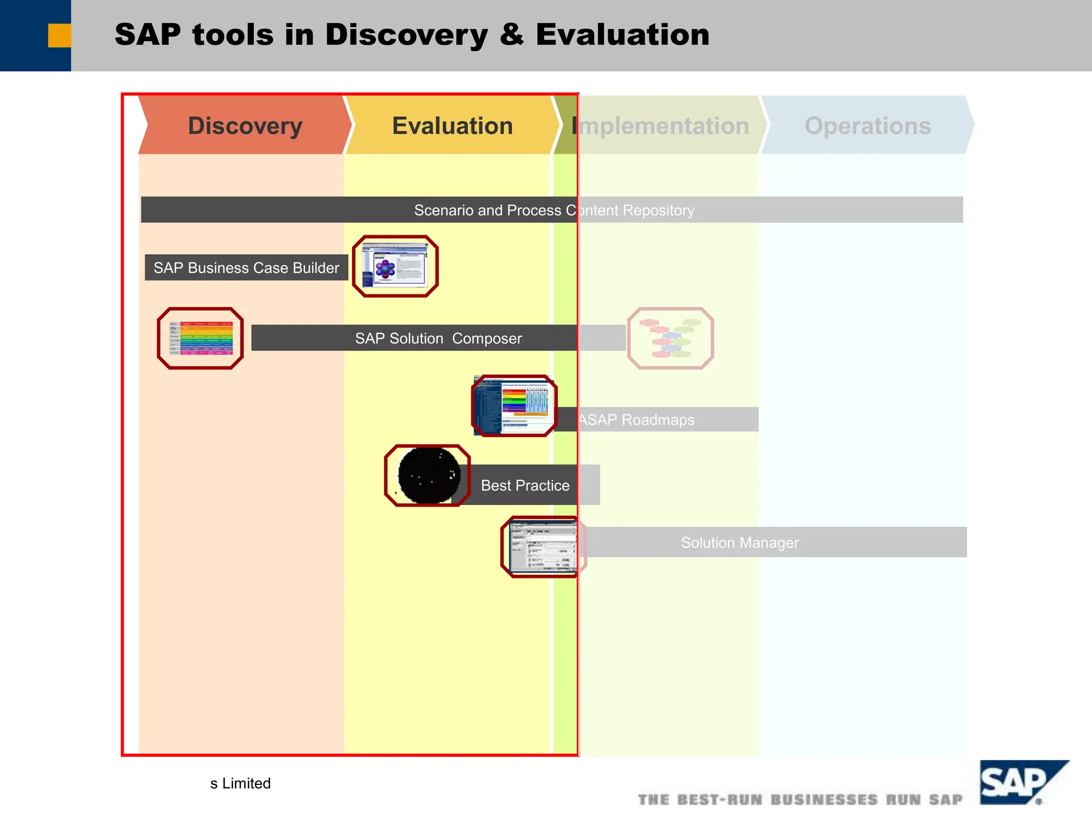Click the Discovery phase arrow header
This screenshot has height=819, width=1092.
[245, 126]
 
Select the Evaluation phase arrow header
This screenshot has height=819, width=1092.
[452, 126]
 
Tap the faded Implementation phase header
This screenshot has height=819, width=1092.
[661, 126]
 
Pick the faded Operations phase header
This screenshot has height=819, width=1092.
[867, 126]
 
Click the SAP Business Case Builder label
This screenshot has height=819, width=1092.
[246, 268]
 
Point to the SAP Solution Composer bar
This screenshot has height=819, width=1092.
[438, 338]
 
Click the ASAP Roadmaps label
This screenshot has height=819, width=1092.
[637, 420]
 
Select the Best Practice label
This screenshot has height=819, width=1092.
[525, 485]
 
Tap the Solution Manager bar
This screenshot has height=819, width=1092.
[740, 542]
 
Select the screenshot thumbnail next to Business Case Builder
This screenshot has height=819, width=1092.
[395, 266]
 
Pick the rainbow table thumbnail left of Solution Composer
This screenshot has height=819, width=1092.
[200, 338]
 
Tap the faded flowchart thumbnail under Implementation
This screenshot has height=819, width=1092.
[670, 338]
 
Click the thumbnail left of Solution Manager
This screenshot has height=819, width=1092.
[543, 547]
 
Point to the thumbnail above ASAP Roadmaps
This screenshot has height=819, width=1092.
[514, 405]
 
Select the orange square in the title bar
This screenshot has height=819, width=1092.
[59, 35]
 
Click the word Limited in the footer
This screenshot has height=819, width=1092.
[246, 783]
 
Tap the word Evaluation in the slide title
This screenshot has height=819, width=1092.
[622, 35]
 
